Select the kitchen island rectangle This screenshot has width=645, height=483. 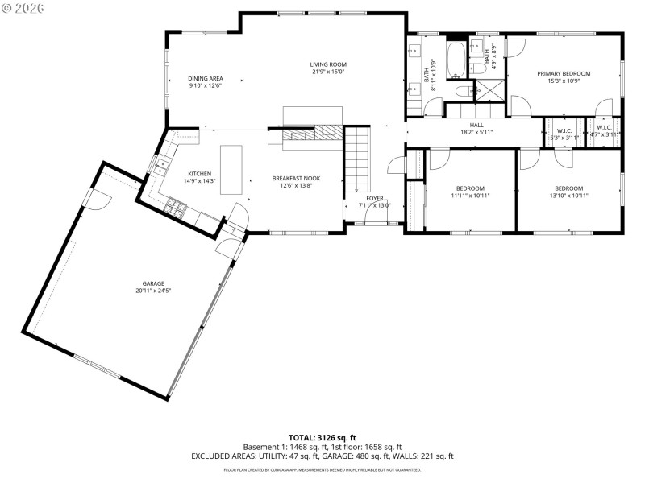231,169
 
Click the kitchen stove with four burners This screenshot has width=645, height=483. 176,208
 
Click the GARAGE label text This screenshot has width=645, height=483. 153,283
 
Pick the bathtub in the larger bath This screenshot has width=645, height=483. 456,58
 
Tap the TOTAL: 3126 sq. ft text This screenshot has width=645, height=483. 322,438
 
